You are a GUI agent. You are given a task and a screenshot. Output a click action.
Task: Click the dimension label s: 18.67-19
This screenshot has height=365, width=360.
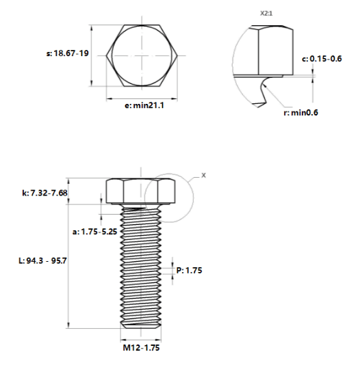coord(68,53)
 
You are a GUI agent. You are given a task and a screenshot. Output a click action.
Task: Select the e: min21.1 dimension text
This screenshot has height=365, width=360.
coord(144,105)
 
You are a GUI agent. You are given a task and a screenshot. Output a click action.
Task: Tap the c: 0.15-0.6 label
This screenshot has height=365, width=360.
coord(322,59)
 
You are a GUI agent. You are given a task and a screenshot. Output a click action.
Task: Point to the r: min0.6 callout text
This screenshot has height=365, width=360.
coord(301,113)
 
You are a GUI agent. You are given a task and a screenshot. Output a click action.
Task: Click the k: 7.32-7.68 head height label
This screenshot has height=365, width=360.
coord(44,193)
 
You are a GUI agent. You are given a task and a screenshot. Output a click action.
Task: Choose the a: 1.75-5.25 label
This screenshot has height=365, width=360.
coord(94,232)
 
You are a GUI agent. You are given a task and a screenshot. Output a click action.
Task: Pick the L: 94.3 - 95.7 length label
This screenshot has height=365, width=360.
coord(42,260)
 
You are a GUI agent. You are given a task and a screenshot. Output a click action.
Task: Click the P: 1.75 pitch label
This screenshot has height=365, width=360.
coord(189,270)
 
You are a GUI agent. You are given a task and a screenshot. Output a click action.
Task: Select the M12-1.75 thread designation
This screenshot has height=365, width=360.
coord(141,348)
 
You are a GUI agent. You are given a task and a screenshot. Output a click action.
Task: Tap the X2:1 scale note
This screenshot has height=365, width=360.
coord(266,14)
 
